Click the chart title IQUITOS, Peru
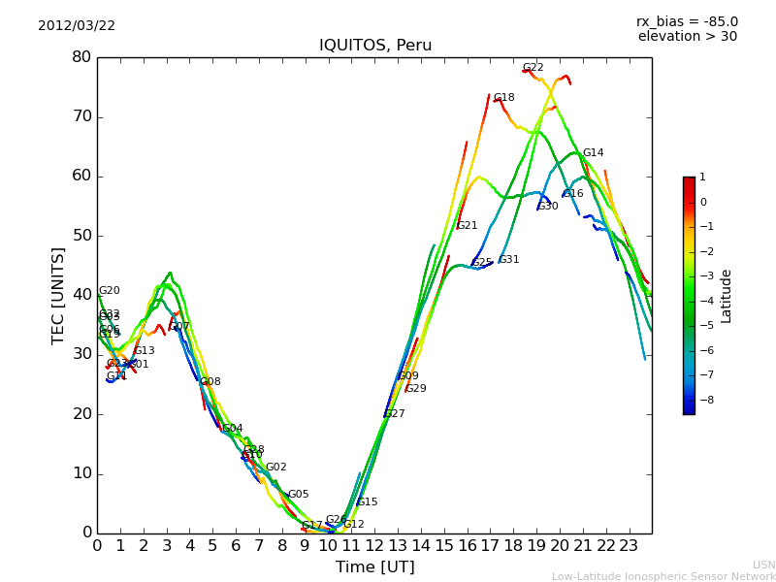point(375,46)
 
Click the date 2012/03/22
point(77,26)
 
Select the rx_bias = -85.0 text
point(687,22)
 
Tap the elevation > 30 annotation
point(687,37)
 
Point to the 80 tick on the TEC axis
point(81,57)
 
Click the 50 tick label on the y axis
point(81,236)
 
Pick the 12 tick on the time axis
point(374,546)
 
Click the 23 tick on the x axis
point(629,546)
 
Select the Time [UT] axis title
point(374,567)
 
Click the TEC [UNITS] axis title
point(58,295)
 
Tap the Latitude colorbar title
point(727,296)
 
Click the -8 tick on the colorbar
point(702,399)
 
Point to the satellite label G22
point(533,68)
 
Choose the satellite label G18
point(504,98)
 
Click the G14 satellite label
point(593,153)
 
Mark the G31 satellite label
point(509,260)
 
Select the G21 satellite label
point(468,226)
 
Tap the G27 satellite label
point(395,414)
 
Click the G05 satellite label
point(298,495)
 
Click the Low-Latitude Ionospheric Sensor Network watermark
point(663,577)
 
